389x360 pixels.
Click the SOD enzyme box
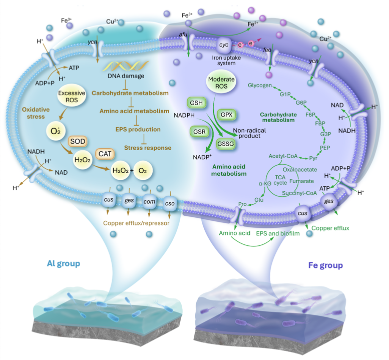click(x=77, y=142)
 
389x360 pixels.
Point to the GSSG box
click(x=226, y=144)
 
